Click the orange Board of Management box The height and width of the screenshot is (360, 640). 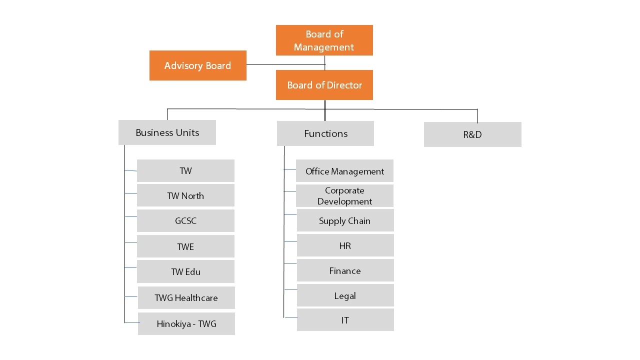(324, 40)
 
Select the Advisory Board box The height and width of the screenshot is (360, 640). (197, 65)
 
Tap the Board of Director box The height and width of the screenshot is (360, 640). (324, 85)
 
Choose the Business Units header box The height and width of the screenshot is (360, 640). (167, 132)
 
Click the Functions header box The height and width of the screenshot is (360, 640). (325, 133)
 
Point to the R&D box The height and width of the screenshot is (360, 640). (472, 134)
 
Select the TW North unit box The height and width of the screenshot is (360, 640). (185, 195)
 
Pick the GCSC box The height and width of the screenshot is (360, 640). (185, 220)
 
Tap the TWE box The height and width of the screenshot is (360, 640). (185, 246)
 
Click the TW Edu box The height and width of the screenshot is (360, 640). (185, 271)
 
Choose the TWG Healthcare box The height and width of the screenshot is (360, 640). (186, 297)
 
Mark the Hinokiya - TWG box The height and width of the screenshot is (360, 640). (186, 323)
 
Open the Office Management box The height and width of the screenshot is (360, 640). (344, 171)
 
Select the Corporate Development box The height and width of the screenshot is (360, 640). (344, 195)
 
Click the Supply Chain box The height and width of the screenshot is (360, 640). (345, 220)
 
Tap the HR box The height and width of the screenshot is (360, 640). (345, 245)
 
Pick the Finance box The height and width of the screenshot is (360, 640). (345, 270)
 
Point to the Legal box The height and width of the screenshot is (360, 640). (345, 295)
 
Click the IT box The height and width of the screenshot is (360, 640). (345, 320)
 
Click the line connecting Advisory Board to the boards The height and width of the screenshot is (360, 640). (285, 64)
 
